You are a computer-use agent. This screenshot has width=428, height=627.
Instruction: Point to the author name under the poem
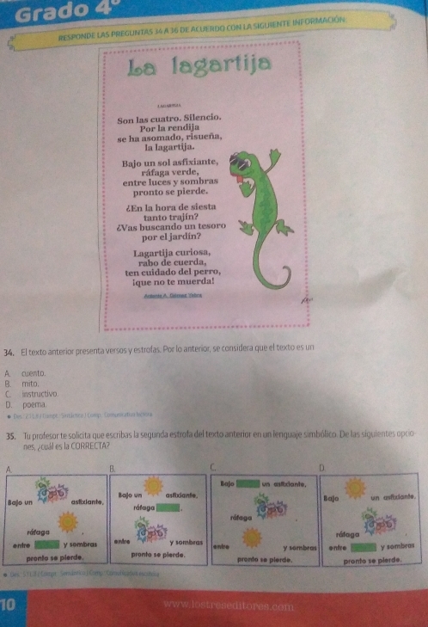click(x=171, y=294)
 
